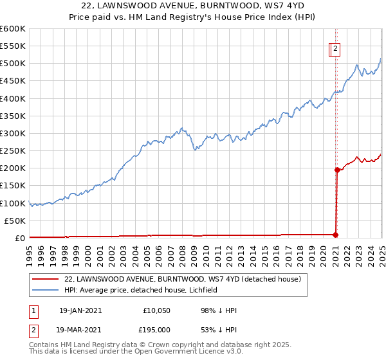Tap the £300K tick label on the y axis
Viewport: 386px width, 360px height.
[x=13, y=133]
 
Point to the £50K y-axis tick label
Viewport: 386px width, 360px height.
[x=15, y=221]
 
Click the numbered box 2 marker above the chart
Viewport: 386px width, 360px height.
[x=336, y=47]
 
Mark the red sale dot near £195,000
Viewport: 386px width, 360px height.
[x=336, y=170]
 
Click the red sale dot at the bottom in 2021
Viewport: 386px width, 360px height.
[x=335, y=235]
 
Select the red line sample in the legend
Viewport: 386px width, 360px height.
[x=46, y=279]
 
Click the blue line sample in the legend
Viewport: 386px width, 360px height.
[x=46, y=290]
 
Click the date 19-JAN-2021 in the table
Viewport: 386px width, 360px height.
[x=80, y=310]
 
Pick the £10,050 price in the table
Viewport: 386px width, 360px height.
[x=156, y=310]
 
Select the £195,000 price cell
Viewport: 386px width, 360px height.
[x=156, y=329]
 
